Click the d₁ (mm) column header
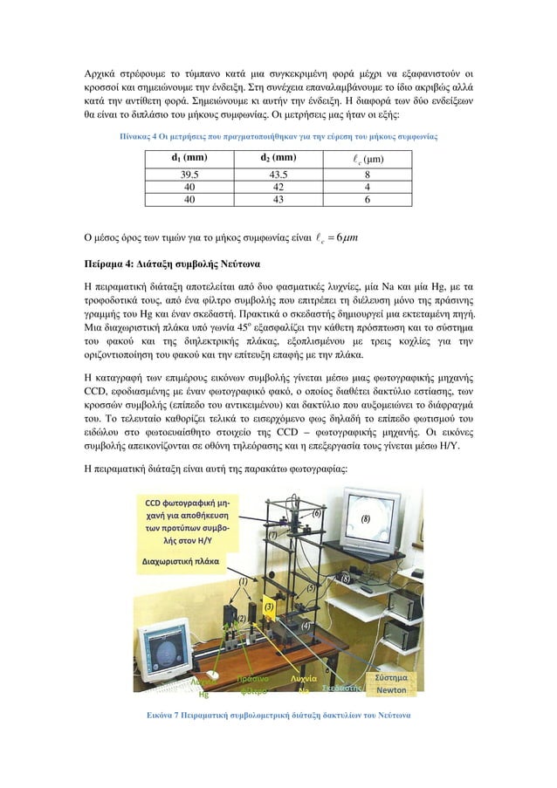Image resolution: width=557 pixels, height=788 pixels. click(188, 158)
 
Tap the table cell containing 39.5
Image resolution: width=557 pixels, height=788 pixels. click(188, 174)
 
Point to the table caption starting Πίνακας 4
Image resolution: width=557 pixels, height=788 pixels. click(278, 137)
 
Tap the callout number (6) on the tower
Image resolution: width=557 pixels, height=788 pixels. click(317, 515)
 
